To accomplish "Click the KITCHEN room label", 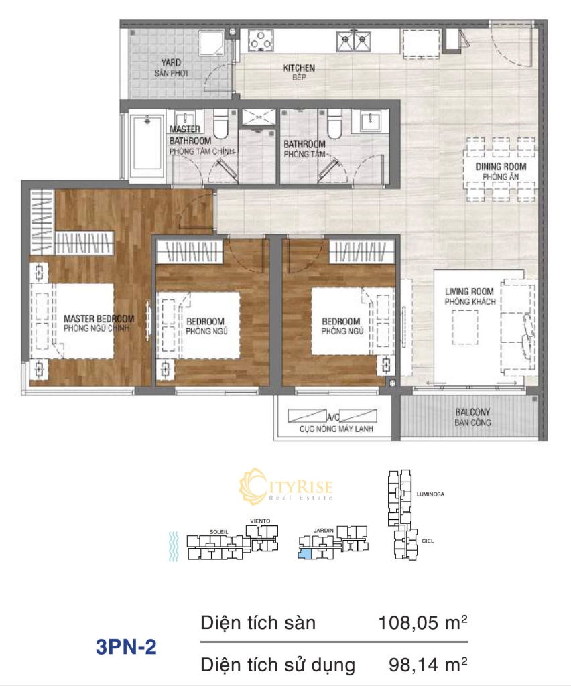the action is click(x=299, y=68).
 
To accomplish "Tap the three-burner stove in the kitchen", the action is click(x=261, y=41).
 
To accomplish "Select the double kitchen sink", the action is click(x=354, y=41).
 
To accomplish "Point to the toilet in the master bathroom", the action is click(x=222, y=123).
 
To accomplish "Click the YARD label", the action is click(x=171, y=62).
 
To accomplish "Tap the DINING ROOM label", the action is click(x=501, y=167).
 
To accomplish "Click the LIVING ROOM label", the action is click(x=469, y=291).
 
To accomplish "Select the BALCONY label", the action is click(x=472, y=412).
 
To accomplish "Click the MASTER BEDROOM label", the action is click(x=99, y=318).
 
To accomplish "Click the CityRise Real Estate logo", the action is click(x=285, y=486).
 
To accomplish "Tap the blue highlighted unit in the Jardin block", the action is click(x=304, y=554).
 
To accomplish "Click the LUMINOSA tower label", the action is click(x=430, y=494).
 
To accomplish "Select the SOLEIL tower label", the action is click(x=218, y=532).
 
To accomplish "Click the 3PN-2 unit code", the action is click(x=126, y=646).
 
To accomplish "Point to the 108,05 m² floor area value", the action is click(x=423, y=622).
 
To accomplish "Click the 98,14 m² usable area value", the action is click(x=428, y=665).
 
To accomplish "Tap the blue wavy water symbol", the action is click(x=174, y=547).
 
